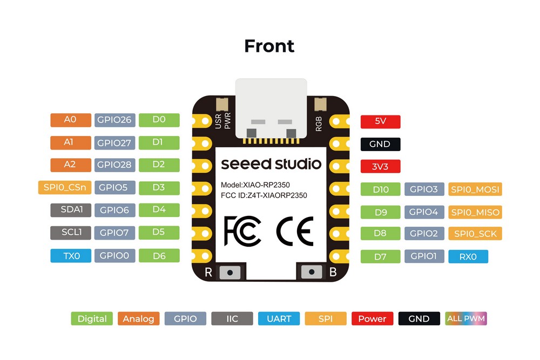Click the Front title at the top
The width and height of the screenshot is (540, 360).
click(x=269, y=46)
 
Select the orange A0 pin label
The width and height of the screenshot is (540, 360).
click(x=70, y=120)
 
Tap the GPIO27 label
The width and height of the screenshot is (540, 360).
click(x=114, y=143)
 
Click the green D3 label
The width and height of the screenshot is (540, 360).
click(x=159, y=188)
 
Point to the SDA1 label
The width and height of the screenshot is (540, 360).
click(x=70, y=210)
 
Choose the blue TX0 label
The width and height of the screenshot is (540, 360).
click(x=70, y=256)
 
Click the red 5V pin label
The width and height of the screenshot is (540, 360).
click(x=380, y=121)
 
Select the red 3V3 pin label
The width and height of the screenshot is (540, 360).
click(x=380, y=166)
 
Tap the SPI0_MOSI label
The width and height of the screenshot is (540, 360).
click(x=475, y=189)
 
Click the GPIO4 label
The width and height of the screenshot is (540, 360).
click(x=424, y=212)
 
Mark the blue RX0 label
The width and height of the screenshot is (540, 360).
click(x=468, y=256)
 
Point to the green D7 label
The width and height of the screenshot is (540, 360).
click(x=380, y=256)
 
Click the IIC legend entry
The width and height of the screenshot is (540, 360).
click(x=232, y=318)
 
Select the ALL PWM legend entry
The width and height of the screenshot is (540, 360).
click(x=466, y=318)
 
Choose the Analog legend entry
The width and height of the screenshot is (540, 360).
click(x=138, y=318)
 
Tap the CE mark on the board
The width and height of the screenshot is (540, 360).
click(x=294, y=230)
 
